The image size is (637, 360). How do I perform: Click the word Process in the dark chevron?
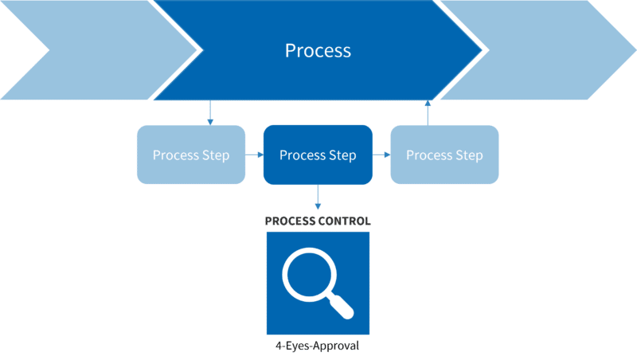click(x=318, y=50)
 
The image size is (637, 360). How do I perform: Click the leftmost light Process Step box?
click(x=191, y=155)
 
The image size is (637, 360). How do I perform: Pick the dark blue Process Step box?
click(x=318, y=155)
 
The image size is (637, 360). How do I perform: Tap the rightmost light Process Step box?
click(x=444, y=155)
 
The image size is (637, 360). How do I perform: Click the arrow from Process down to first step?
click(x=210, y=112)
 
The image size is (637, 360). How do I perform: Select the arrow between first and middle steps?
click(x=254, y=155)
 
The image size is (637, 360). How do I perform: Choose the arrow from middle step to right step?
click(x=381, y=155)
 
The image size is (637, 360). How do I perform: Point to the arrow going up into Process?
click(x=428, y=112)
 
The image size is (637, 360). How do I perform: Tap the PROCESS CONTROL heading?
click(x=318, y=220)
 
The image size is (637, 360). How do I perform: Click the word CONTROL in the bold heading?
click(x=346, y=220)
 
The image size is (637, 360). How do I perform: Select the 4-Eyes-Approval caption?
click(x=318, y=346)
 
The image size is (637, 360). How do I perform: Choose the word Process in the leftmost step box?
click(x=176, y=155)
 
